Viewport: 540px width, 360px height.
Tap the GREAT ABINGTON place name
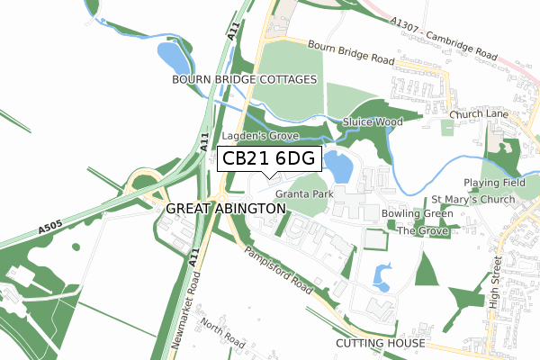(x=226, y=208)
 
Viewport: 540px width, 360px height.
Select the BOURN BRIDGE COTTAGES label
(x=245, y=80)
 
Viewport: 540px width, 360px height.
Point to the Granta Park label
(x=305, y=193)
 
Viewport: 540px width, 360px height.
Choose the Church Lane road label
(x=480, y=114)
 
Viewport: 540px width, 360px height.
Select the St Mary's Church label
(x=472, y=199)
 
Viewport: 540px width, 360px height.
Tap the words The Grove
(x=422, y=230)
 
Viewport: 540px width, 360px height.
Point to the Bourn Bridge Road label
(x=351, y=52)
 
